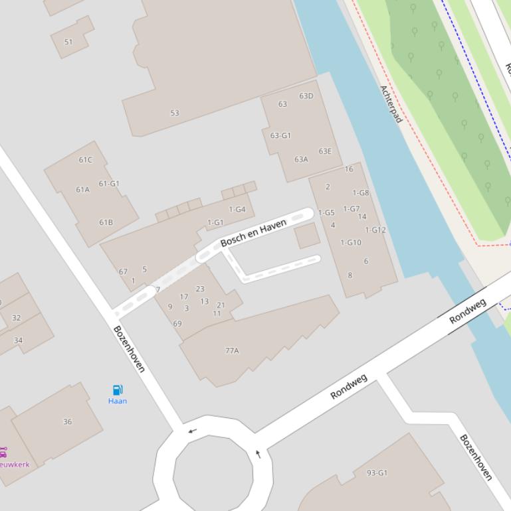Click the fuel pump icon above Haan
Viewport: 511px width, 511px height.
tap(118, 390)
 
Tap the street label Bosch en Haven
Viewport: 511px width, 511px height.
tap(253, 233)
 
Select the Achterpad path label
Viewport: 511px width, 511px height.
tap(391, 104)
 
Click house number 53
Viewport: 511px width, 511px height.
tap(175, 113)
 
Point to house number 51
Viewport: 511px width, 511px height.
tap(68, 42)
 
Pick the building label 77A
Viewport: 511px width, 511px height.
tap(232, 350)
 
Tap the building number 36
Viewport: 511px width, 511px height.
tap(67, 421)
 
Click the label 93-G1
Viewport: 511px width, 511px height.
tap(377, 473)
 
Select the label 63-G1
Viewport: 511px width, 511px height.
tap(280, 135)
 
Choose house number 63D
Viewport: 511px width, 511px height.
tap(306, 96)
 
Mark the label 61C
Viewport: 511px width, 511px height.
tap(86, 160)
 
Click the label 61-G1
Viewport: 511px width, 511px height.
tap(109, 184)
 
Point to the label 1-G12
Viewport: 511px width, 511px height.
tap(375, 230)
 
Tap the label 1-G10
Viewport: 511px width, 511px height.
tap(351, 242)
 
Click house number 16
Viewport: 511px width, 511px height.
tap(349, 169)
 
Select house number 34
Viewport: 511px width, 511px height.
tap(18, 340)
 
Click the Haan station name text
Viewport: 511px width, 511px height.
tap(118, 401)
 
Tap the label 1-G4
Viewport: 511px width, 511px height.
tap(237, 210)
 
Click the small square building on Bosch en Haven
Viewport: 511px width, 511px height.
tap(307, 236)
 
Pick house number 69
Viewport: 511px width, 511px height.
tap(177, 324)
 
